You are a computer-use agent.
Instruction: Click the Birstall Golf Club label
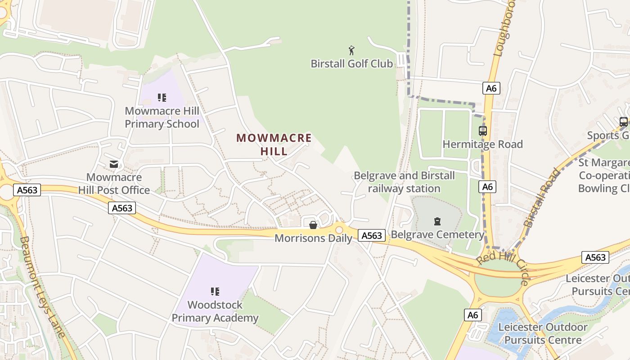point(351,63)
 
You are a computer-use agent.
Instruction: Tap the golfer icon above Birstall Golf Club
point(351,49)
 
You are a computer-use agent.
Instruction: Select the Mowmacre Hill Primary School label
point(162,117)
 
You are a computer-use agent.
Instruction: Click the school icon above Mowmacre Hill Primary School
point(162,98)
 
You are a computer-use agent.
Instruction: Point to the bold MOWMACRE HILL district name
point(274,144)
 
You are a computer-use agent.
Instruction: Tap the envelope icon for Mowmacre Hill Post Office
point(114,164)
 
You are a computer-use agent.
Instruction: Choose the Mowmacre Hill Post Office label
point(114,184)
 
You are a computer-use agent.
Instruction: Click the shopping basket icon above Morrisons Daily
point(313,225)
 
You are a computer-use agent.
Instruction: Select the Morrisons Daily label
point(313,238)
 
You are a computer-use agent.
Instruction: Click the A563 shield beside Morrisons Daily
point(372,235)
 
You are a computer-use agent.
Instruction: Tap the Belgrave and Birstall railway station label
point(404,182)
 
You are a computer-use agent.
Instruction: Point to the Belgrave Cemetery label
point(437,234)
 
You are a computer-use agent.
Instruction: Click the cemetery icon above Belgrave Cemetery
point(437,221)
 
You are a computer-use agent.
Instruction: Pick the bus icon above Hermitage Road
point(483,131)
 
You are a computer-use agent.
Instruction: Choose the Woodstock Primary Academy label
point(215,311)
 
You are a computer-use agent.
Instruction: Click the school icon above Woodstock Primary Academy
point(215,292)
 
